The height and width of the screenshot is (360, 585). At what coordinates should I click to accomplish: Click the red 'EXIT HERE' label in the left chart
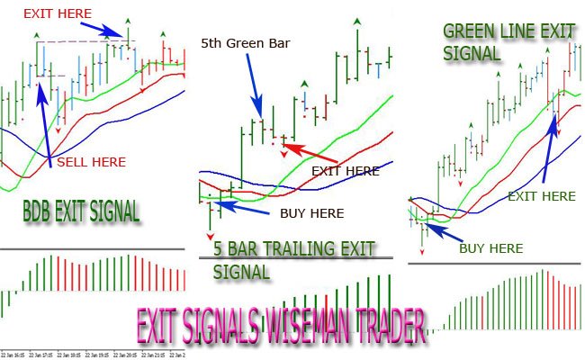tap(58, 13)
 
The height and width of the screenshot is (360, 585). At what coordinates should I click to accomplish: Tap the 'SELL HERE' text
tap(91, 163)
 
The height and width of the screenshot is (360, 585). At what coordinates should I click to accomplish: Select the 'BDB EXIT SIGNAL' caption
tap(81, 212)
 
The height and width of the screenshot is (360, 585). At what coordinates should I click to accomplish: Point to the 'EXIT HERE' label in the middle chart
tap(345, 170)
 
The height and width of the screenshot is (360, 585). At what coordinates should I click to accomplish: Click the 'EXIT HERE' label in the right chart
tap(541, 195)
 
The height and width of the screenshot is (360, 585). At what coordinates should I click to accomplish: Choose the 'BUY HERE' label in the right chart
tap(490, 247)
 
